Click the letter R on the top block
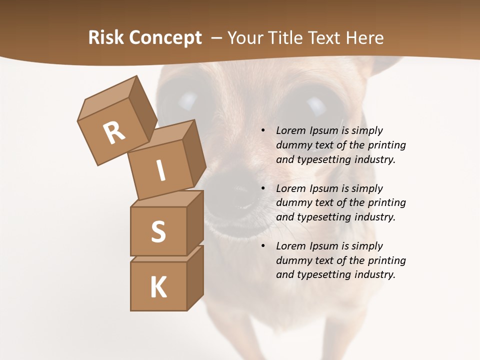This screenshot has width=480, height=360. click(x=114, y=132)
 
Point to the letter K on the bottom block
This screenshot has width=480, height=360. click(x=158, y=287)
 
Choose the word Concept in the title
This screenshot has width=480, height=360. click(x=165, y=38)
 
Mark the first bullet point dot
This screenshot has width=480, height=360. click(x=263, y=131)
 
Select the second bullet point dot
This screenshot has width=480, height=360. click(x=263, y=189)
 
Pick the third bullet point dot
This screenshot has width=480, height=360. click(x=263, y=246)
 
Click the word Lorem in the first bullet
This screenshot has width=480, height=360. click(x=290, y=131)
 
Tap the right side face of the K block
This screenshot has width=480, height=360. click(x=195, y=277)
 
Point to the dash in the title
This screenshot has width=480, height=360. click(x=217, y=38)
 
